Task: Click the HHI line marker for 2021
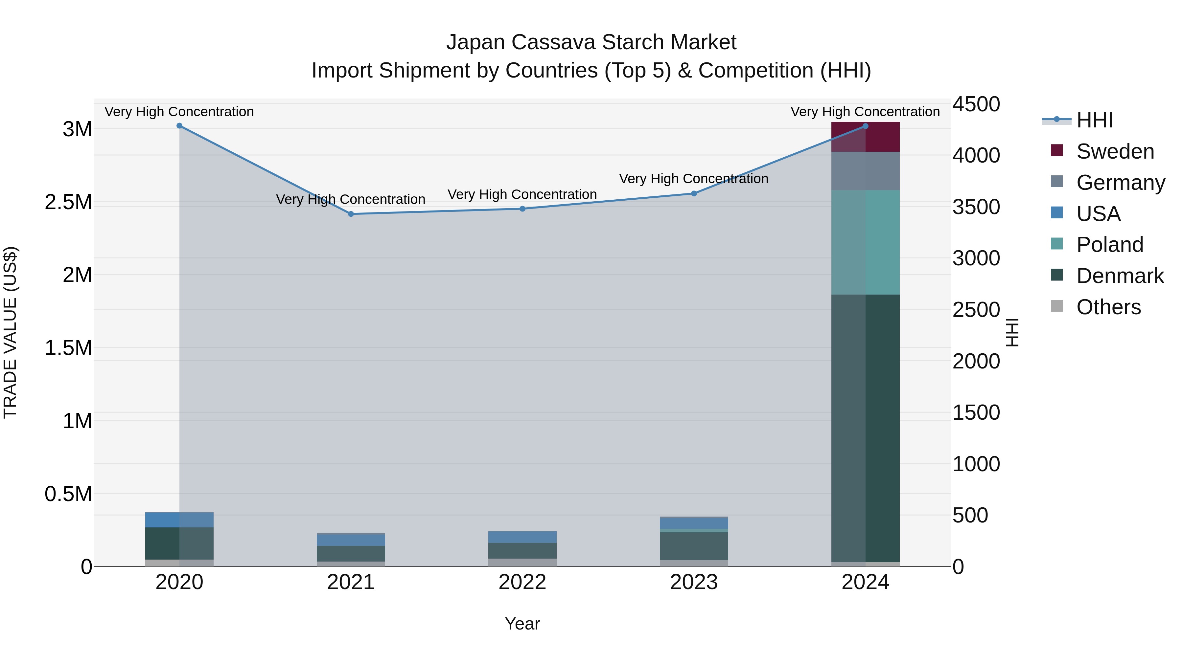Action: tap(351, 214)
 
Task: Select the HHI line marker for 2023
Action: tap(694, 194)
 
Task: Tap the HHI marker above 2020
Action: tap(179, 126)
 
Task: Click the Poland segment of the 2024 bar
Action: tap(865, 242)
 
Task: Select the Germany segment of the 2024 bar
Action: tap(865, 171)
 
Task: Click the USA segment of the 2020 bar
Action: tap(179, 520)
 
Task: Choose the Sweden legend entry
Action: tap(1115, 151)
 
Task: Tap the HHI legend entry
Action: tap(1094, 120)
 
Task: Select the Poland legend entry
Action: tap(1109, 245)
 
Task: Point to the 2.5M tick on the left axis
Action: tap(68, 202)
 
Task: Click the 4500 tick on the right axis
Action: tap(976, 104)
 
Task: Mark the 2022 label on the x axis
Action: tap(522, 582)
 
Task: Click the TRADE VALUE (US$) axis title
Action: tap(10, 332)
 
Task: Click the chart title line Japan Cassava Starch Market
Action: tap(591, 42)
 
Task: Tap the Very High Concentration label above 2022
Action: tap(522, 195)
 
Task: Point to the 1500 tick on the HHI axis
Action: tap(976, 412)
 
